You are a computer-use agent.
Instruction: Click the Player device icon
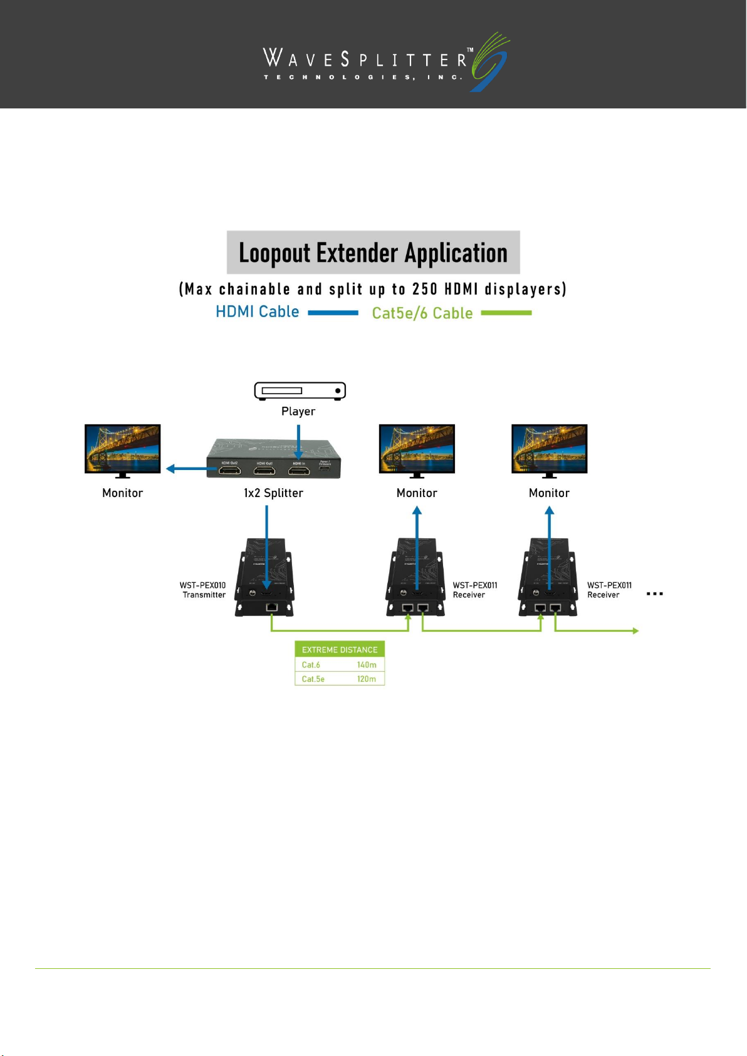click(300, 390)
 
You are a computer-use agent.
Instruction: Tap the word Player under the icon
click(298, 412)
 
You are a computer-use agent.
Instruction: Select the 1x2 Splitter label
click(273, 493)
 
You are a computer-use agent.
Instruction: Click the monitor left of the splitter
click(123, 449)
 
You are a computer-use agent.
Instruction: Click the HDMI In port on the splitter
click(298, 470)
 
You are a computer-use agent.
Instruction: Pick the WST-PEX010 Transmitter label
click(203, 590)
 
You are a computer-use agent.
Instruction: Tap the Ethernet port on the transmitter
click(272, 607)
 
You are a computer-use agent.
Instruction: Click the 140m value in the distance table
click(367, 665)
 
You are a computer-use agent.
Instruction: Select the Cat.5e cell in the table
click(313, 679)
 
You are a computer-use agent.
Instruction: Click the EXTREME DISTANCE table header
click(340, 650)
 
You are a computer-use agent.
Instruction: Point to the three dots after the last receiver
click(654, 593)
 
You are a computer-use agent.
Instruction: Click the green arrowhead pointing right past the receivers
click(635, 631)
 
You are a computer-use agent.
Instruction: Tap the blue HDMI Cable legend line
click(333, 313)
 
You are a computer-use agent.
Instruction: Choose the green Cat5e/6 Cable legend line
click(506, 313)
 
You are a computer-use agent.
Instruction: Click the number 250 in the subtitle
click(424, 290)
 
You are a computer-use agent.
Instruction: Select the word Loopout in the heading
click(274, 253)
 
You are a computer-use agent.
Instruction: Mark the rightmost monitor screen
click(550, 448)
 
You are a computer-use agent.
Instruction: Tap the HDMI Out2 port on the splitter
click(229, 470)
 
